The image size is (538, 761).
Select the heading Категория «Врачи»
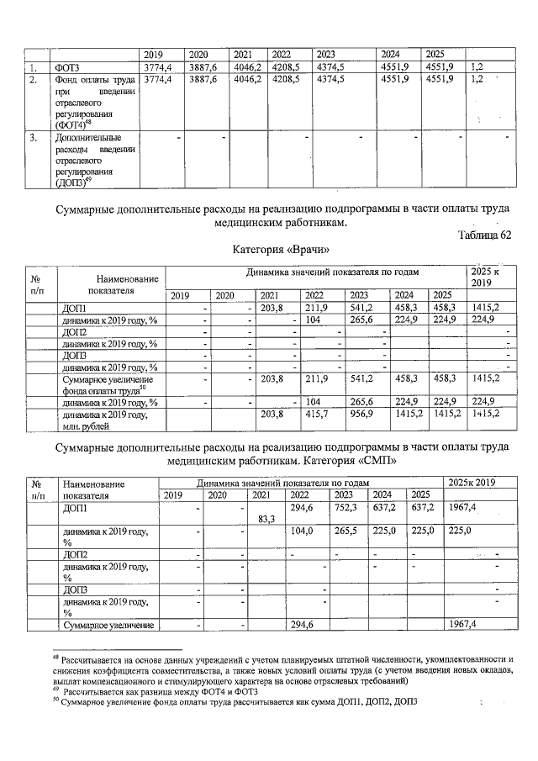[276, 250]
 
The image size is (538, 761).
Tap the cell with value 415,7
[317, 414]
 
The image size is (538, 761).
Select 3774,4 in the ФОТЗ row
[157, 66]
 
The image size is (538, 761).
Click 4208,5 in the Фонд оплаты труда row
[286, 79]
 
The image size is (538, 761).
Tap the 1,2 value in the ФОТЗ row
[477, 66]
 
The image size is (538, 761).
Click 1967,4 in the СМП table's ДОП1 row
[462, 508]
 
